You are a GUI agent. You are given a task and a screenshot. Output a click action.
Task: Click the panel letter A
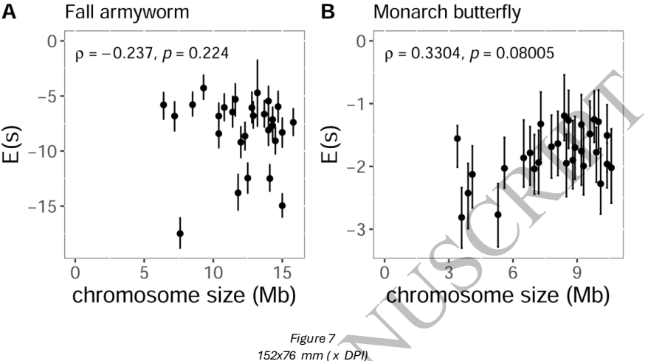pos(10,13)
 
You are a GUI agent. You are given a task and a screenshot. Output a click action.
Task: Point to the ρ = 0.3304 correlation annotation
pos(472,53)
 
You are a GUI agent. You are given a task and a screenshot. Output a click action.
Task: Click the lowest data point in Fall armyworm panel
pos(179,234)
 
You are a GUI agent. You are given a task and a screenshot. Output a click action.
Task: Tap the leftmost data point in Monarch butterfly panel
pos(457,139)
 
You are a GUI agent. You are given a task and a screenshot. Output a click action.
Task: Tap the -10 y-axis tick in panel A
pos(44,150)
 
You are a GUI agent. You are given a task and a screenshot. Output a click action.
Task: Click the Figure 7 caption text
pos(313,337)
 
